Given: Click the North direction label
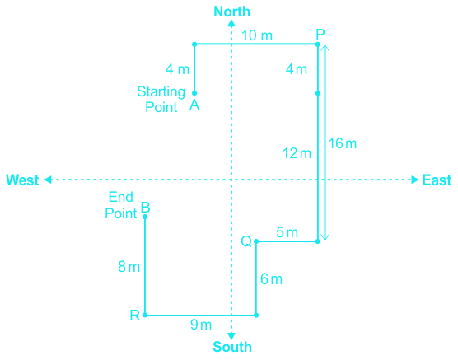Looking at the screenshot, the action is [232, 12].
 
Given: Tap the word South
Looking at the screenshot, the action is [232, 347].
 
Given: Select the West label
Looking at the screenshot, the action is [22, 180].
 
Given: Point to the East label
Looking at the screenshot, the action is [437, 180].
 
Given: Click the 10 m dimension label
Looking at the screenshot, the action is [257, 35].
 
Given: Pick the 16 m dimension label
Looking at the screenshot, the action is [343, 143].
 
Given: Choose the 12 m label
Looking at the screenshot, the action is [297, 153].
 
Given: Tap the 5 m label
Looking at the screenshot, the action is [287, 232].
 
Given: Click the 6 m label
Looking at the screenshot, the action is [271, 279].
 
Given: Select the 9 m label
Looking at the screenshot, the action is [201, 325].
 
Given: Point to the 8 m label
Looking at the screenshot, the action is [129, 267].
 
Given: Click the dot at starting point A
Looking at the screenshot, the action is [194, 93].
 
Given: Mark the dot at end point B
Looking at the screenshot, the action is [145, 217].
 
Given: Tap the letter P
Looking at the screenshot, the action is [320, 35].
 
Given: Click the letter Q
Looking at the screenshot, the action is [246, 241].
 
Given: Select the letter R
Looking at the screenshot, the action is [135, 316].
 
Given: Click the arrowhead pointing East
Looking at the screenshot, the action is [415, 180].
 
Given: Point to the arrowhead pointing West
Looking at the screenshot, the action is [48, 180].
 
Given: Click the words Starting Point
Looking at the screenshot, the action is [161, 100].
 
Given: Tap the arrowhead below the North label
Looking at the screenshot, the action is [231, 23].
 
